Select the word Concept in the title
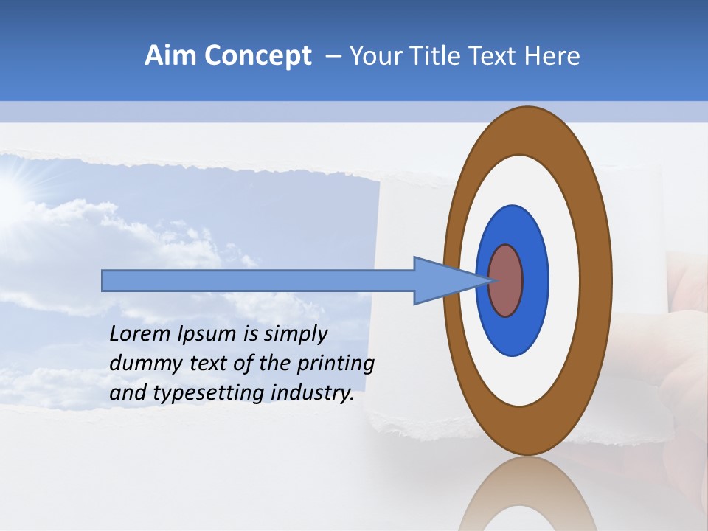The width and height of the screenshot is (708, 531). pyautogui.click(x=257, y=56)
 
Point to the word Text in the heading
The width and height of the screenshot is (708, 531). pyautogui.click(x=496, y=56)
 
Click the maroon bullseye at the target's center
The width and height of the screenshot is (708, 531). pyautogui.click(x=506, y=281)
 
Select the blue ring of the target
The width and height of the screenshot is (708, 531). pyautogui.click(x=535, y=281)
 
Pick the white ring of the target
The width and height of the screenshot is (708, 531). pyautogui.click(x=564, y=281)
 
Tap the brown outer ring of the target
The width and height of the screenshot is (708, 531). pyautogui.click(x=597, y=281)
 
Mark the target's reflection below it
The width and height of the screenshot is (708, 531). pyautogui.click(x=527, y=498)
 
